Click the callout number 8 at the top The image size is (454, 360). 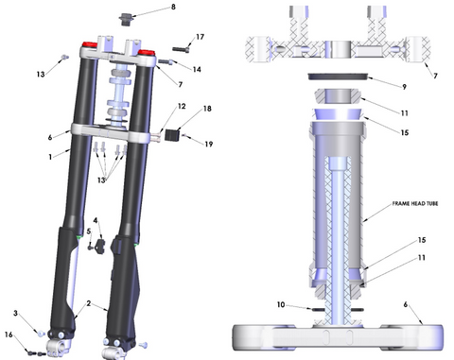(x=173, y=7)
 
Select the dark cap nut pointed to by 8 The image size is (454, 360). (x=126, y=19)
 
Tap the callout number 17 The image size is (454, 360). (x=200, y=37)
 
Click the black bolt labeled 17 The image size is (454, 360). (x=182, y=49)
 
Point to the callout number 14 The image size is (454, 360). (x=197, y=69)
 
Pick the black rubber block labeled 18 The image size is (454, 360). (x=172, y=135)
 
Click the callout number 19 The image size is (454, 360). (x=209, y=144)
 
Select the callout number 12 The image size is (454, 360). (x=182, y=106)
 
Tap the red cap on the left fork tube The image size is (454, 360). (x=90, y=44)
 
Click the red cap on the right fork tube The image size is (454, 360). (x=146, y=52)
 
